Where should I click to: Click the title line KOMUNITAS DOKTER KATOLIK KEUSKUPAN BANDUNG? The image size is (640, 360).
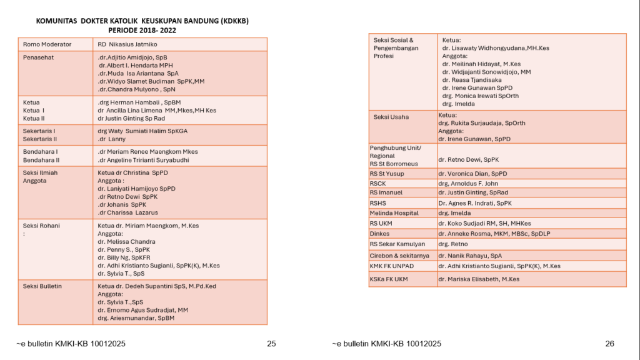click(142, 21)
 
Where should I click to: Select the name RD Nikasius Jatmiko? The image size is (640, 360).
click(127, 44)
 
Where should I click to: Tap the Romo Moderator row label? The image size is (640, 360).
click(47, 44)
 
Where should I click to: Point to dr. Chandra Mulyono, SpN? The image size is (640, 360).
click(138, 89)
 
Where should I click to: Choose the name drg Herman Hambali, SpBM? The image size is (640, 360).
click(139, 102)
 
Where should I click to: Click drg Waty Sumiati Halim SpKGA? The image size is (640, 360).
click(142, 131)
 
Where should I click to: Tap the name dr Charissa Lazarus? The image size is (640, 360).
click(127, 212)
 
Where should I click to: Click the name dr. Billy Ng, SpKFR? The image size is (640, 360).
click(124, 257)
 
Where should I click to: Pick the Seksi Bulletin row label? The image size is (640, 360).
click(42, 286)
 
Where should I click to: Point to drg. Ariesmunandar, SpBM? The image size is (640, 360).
click(136, 318)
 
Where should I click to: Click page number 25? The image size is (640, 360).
click(271, 344)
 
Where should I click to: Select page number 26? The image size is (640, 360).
click(610, 344)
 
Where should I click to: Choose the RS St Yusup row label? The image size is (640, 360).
click(387, 173)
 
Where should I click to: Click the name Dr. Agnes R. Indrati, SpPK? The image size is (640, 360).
click(475, 203)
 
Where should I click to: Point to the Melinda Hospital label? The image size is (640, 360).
click(394, 213)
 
